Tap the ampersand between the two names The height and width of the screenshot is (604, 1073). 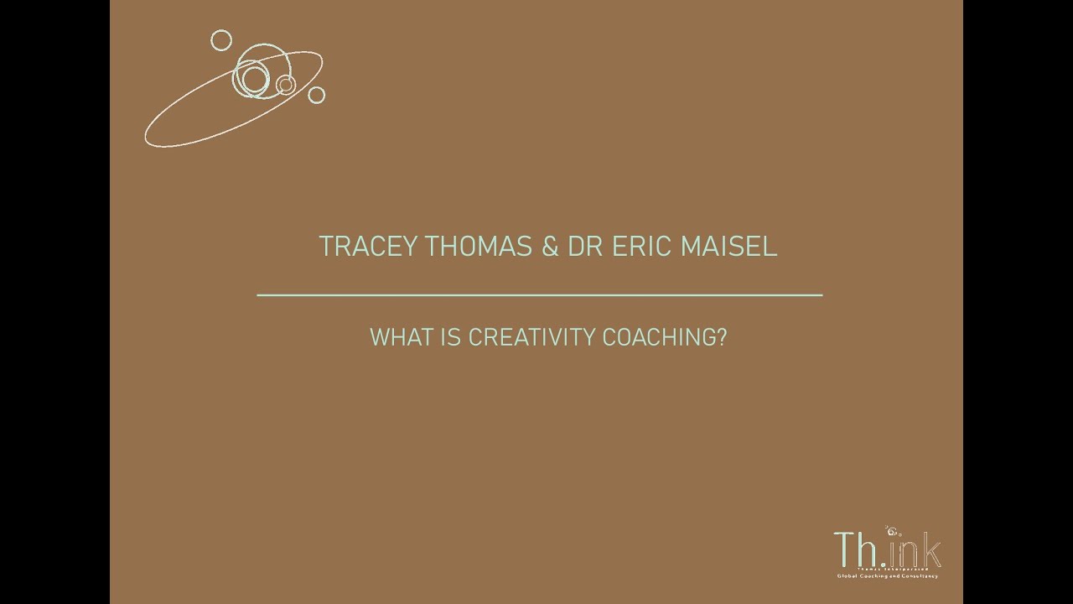click(550, 247)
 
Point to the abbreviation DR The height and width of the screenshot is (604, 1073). click(584, 247)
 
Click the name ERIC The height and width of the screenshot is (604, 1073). click(643, 247)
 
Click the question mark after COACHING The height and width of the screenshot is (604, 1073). click(723, 337)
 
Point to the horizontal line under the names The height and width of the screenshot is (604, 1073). click(539, 295)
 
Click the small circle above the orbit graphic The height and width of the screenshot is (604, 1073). click(221, 39)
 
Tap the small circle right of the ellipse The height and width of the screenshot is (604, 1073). click(316, 95)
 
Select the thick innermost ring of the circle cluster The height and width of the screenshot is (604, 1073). click(254, 80)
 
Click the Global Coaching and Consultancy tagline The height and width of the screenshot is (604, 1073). click(886, 576)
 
